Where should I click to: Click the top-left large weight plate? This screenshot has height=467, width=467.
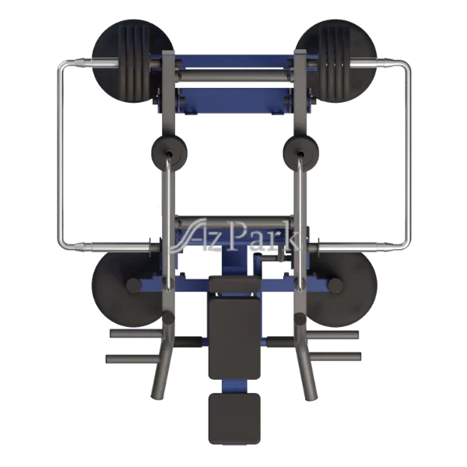click(x=133, y=61)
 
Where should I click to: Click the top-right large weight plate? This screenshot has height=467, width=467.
click(x=336, y=61)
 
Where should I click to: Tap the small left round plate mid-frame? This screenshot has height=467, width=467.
click(x=170, y=153)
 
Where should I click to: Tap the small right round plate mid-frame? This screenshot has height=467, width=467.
click(x=300, y=153)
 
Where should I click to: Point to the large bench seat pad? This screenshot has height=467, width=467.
click(x=234, y=339)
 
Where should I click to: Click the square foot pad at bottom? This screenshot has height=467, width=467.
click(x=234, y=419)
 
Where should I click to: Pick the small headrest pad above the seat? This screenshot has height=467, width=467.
click(x=235, y=284)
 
